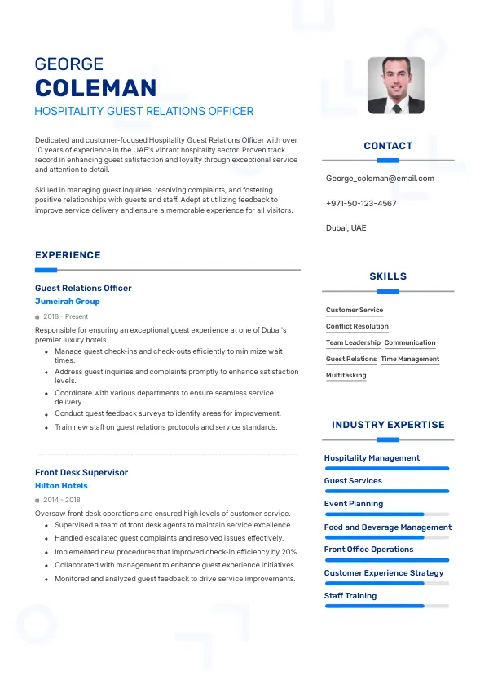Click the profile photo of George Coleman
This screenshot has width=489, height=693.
(395, 85)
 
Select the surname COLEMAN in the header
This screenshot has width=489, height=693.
(96, 88)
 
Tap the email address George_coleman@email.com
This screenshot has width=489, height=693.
(380, 178)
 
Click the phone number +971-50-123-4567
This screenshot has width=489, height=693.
(361, 203)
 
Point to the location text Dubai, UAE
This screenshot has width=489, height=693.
(346, 227)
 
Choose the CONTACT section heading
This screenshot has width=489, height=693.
(388, 146)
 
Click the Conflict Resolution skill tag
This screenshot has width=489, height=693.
(357, 326)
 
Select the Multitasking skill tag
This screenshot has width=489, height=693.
(346, 375)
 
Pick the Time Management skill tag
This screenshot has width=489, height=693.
(410, 359)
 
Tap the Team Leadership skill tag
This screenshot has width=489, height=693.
(353, 342)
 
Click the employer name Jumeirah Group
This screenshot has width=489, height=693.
(68, 302)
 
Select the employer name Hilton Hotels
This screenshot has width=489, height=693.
(61, 486)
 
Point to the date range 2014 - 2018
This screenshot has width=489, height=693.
(62, 500)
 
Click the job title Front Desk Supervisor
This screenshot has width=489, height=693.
(81, 472)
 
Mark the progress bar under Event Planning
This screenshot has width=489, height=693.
(387, 514)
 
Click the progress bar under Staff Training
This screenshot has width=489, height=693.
(387, 606)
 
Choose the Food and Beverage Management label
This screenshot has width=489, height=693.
(387, 527)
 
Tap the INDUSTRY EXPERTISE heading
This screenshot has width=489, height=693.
(388, 425)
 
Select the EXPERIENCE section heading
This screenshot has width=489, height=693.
(68, 255)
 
